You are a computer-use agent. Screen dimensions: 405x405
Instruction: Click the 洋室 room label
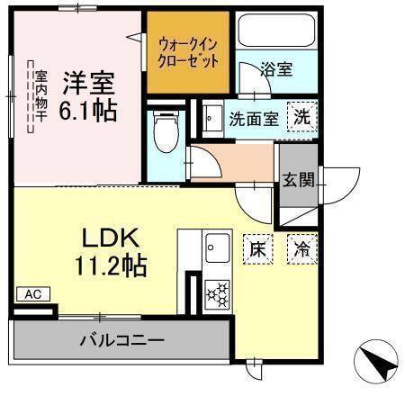[x=89, y=83]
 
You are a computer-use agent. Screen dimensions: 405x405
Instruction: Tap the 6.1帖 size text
[x=89, y=112]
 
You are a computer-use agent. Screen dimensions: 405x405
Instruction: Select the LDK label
[x=110, y=238]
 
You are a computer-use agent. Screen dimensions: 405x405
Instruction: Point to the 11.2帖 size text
[x=110, y=266]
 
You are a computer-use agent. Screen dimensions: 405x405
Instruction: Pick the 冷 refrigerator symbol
[x=301, y=248]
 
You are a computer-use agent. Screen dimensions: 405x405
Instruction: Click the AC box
[x=32, y=294]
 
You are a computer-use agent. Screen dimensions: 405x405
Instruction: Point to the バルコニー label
[x=121, y=342]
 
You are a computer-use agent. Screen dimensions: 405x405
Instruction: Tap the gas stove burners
[x=217, y=292]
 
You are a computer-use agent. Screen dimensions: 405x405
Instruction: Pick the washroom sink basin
[x=211, y=118]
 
